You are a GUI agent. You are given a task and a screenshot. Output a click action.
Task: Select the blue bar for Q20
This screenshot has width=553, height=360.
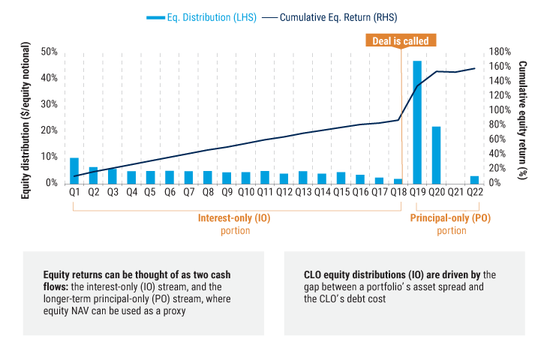[436, 154]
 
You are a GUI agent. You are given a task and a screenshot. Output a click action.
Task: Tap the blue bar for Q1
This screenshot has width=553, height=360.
[74, 170]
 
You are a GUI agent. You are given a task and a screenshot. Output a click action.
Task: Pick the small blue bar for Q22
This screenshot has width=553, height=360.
[474, 179]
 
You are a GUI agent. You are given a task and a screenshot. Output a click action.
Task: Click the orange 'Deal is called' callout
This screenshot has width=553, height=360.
[398, 41]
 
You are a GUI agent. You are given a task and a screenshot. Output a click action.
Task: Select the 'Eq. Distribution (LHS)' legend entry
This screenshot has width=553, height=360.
[199, 17]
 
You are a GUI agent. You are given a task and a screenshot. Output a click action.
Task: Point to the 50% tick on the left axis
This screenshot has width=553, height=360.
[50, 52]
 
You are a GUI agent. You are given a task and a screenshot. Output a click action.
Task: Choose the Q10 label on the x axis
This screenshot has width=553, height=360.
[245, 193]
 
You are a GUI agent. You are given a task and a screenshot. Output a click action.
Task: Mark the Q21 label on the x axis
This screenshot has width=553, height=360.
[455, 193]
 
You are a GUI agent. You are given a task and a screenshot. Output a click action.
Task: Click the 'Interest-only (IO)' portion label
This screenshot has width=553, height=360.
[235, 218]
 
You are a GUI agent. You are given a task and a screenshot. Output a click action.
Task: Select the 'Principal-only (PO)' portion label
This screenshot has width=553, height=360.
[450, 218]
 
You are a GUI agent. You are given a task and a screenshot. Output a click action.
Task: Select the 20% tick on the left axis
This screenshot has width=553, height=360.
[50, 130]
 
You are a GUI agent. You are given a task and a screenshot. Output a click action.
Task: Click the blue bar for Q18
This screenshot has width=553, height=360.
[398, 181]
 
